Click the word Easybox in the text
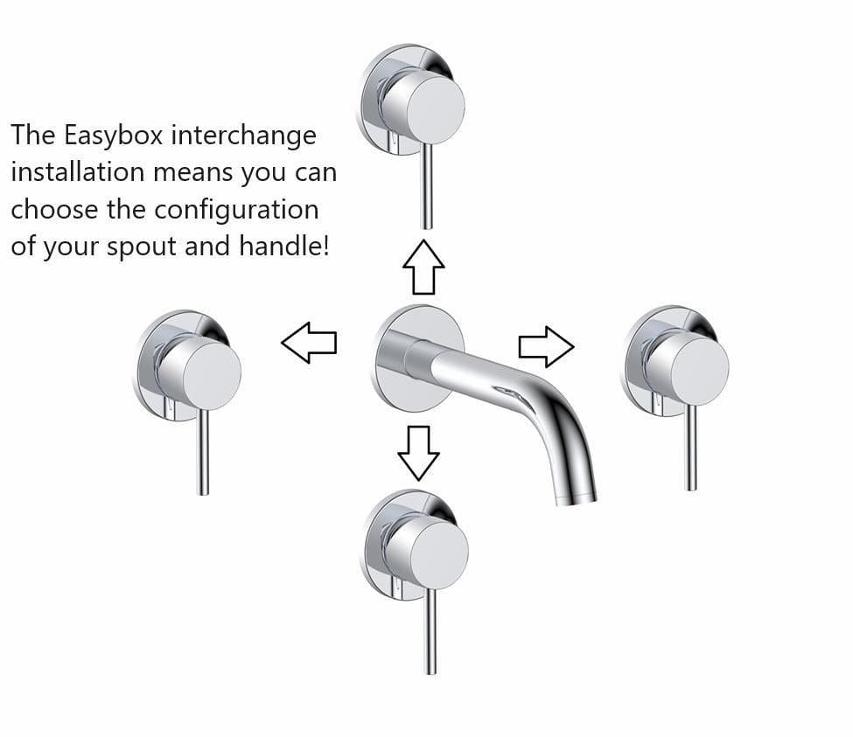tap(113, 136)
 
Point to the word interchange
tap(244, 136)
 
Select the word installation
tap(78, 172)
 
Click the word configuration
tap(236, 210)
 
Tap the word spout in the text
tap(141, 247)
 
